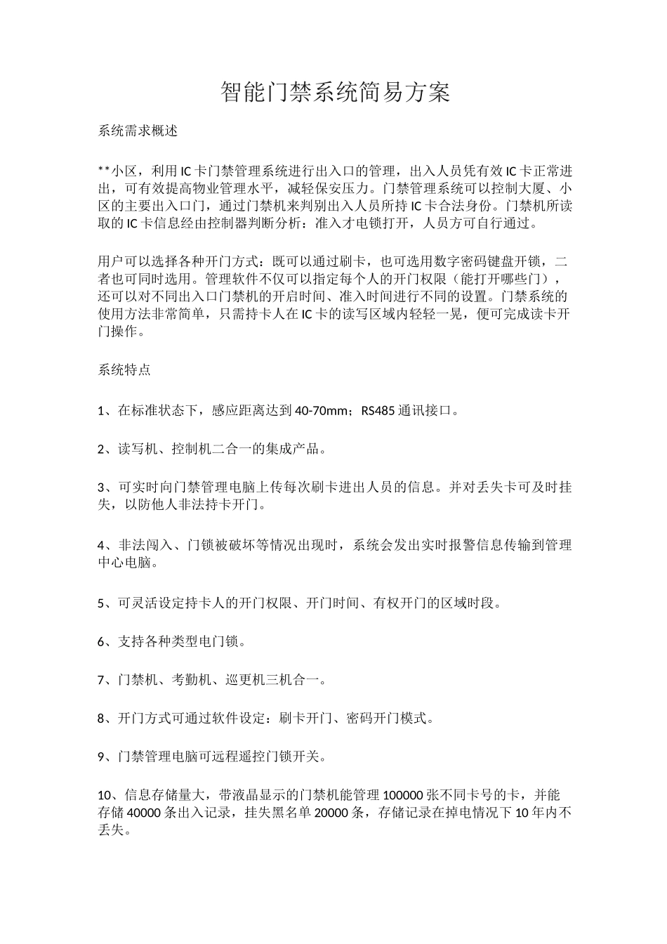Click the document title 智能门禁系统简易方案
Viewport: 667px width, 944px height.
(x=335, y=92)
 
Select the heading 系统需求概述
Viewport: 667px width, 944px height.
(x=138, y=131)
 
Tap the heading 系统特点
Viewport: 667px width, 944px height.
(x=124, y=370)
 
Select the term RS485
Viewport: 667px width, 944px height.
(x=377, y=410)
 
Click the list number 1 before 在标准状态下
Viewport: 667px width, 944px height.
(x=101, y=411)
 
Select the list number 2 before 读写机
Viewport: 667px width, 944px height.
(x=101, y=449)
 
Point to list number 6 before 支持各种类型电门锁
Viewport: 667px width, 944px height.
(x=101, y=641)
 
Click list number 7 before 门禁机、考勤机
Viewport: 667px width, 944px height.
(x=101, y=680)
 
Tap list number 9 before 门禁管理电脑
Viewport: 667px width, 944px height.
(x=101, y=756)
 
